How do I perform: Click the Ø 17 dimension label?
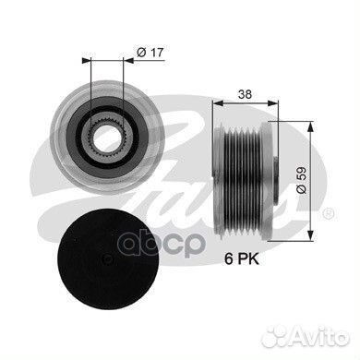pyautogui.click(x=150, y=53)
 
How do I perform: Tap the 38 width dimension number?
pyautogui.click(x=245, y=94)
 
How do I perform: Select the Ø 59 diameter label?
pyautogui.click(x=302, y=180)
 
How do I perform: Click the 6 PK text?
pyautogui.click(x=242, y=259)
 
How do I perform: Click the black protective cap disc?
pyautogui.click(x=109, y=259)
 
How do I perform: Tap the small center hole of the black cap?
pyautogui.click(x=107, y=258)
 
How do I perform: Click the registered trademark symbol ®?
pyautogui.click(x=328, y=213)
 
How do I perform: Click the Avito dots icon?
pyautogui.click(x=275, y=336)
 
